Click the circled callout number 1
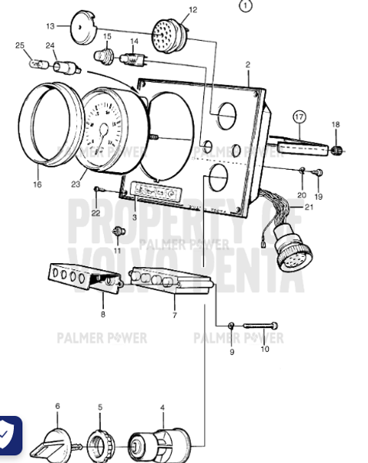[x=246, y=6]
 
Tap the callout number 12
[x=192, y=10]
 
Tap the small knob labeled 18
[x=336, y=149]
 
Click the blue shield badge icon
[x=8, y=434]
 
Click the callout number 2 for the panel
[x=248, y=65]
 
